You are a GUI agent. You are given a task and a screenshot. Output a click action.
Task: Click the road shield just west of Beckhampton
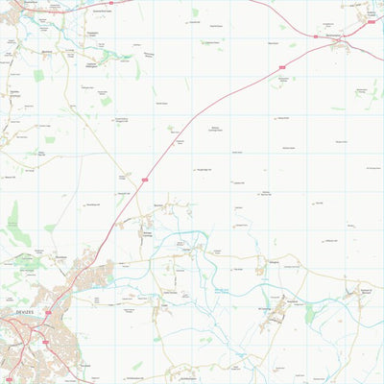click(x=314, y=36)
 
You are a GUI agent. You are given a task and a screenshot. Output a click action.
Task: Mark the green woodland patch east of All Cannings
click(x=309, y=313)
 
